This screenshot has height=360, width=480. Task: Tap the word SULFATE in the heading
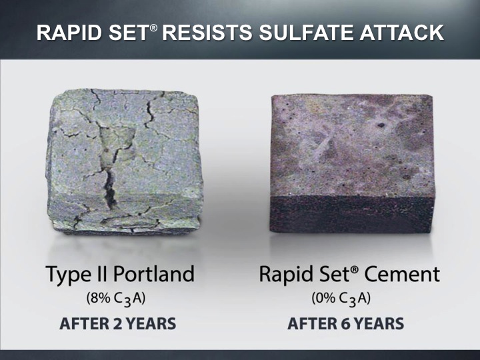(307, 33)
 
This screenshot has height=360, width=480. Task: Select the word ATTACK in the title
(402, 33)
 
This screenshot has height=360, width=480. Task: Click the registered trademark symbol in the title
(154, 27)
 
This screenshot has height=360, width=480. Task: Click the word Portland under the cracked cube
(154, 273)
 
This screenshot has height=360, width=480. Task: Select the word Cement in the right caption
(402, 274)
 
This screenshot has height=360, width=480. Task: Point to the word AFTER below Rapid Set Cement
(313, 324)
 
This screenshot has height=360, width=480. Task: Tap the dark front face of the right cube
(352, 214)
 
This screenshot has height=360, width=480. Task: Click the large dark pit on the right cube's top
(381, 125)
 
